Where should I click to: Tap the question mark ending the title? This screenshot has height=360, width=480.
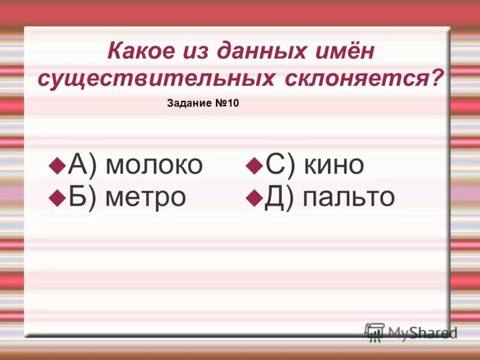coord(439,77)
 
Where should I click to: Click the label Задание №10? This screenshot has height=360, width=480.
coord(202,104)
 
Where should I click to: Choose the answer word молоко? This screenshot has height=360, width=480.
coord(154,165)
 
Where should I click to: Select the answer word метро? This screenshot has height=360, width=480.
coord(146,196)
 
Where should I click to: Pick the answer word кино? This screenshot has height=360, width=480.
coord(334,165)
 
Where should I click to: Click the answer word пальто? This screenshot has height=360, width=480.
coord(349,196)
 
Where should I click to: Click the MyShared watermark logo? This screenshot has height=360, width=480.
coord(411,332)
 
